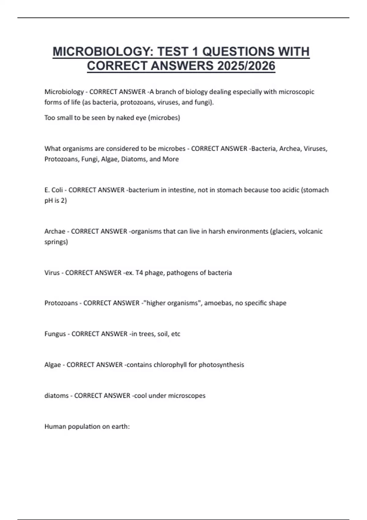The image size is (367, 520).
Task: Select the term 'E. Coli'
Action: (x=54, y=190)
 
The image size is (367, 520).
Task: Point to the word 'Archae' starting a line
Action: (x=55, y=231)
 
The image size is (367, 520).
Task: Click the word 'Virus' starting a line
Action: (x=52, y=273)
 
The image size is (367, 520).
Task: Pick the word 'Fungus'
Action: (x=55, y=334)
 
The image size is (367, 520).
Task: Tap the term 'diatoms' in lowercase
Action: (x=56, y=396)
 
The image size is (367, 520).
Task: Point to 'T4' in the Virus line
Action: (x=139, y=273)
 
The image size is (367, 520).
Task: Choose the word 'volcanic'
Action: (x=310, y=231)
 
